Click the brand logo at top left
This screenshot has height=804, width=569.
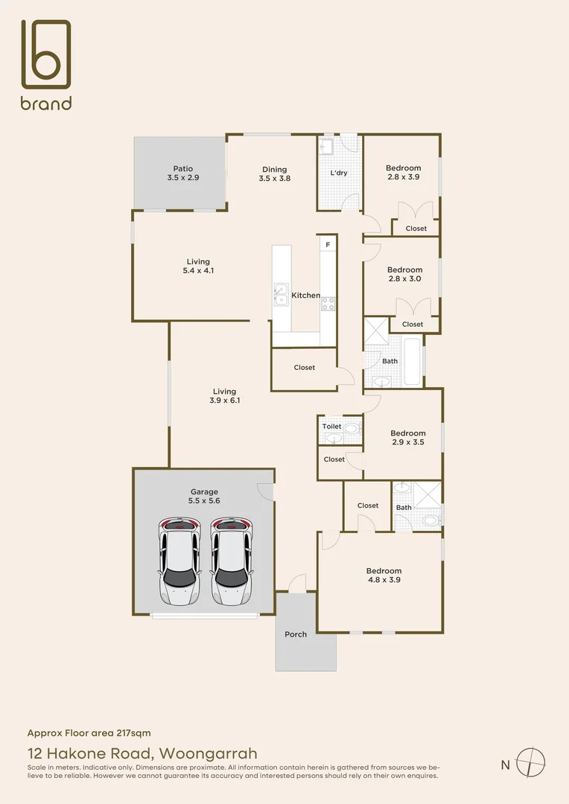click(x=45, y=65)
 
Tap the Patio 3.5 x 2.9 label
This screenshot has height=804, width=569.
click(x=183, y=173)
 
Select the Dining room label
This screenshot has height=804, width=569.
click(x=274, y=174)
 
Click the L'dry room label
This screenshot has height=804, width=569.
click(x=339, y=173)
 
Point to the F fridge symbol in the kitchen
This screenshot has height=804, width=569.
click(x=327, y=244)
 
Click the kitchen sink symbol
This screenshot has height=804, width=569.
click(x=280, y=295)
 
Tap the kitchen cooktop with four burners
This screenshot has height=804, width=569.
click(x=328, y=303)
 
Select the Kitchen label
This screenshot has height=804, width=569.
click(x=305, y=296)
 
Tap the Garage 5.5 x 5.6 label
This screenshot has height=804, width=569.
click(x=204, y=497)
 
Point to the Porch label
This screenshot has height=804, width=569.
click(x=296, y=634)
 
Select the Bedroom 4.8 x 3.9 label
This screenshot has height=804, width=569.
click(x=384, y=575)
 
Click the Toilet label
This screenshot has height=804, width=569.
click(x=331, y=427)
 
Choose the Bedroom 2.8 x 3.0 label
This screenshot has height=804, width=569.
click(x=404, y=274)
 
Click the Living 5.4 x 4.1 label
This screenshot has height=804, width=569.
click(x=198, y=266)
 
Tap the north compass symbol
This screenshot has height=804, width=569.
click(x=532, y=762)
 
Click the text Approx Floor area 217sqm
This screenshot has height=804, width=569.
click(x=89, y=733)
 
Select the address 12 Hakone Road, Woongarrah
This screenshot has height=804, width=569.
click(x=142, y=753)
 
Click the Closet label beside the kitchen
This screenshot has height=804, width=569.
click(x=304, y=367)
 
